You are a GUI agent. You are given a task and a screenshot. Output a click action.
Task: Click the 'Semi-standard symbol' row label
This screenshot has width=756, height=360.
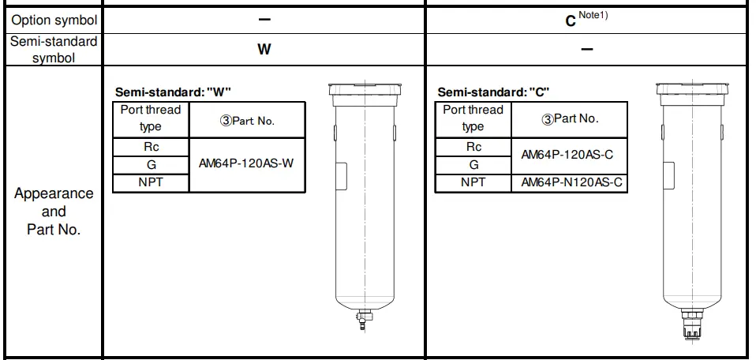(54, 50)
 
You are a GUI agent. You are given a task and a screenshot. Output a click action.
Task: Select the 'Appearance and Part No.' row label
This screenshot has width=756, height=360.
(54, 212)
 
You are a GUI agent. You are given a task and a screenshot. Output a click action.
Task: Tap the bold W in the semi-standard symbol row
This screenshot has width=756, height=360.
(264, 49)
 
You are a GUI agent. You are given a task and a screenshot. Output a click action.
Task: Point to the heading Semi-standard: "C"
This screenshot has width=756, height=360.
(494, 92)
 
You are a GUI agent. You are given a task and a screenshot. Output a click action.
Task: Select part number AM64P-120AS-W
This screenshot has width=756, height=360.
(246, 164)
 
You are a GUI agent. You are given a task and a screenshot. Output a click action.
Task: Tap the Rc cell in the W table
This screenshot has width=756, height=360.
(151, 147)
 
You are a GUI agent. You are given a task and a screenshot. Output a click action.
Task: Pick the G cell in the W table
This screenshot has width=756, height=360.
(151, 164)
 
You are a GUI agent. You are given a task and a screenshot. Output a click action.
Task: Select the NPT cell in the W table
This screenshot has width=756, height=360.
(151, 182)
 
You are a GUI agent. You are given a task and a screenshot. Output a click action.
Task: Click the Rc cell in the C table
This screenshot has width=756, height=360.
(473, 147)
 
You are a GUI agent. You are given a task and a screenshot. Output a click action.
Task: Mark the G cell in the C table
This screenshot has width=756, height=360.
(473, 164)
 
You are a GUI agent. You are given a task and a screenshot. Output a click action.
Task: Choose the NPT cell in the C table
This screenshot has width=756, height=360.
(473, 182)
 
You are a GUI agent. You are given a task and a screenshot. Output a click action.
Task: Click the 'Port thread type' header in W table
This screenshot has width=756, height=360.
(151, 118)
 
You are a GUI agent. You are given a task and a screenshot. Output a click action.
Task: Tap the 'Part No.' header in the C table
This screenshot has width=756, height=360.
(570, 118)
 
